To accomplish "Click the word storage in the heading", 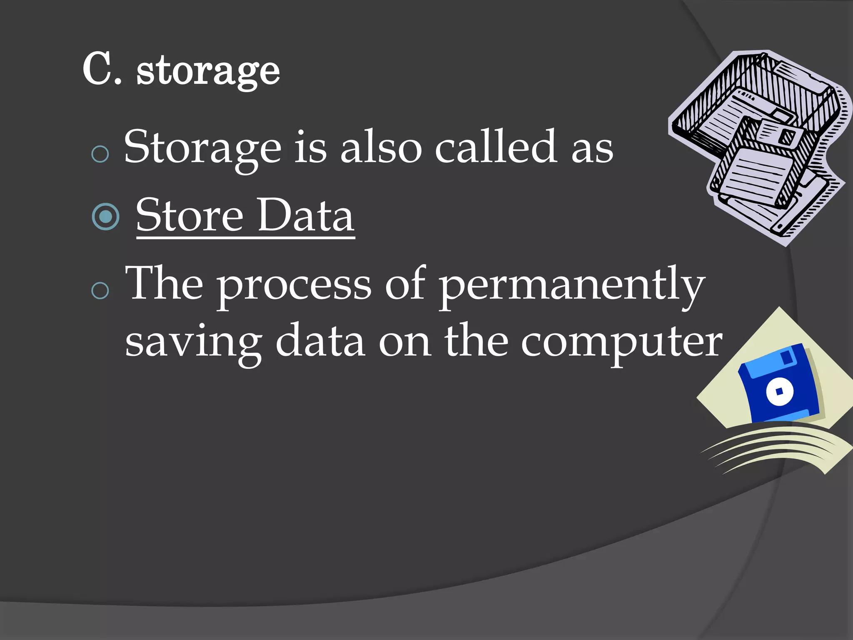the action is coord(208,72).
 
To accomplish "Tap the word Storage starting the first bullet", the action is coord(203,148).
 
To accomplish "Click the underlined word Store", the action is coord(190,215).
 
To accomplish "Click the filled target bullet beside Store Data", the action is coord(106,217).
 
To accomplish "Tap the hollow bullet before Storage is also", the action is coord(100,154).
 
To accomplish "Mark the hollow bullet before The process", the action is coord(100,290).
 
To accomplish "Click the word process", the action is coord(294,285).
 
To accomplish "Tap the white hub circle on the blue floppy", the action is coord(780,392).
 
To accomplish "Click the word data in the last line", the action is coord(320,342).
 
